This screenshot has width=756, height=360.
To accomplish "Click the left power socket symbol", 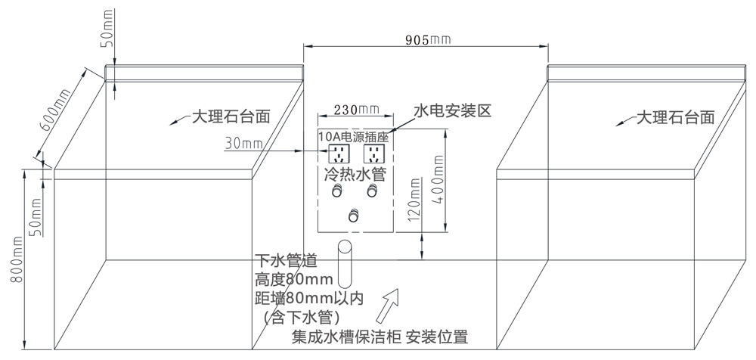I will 338,155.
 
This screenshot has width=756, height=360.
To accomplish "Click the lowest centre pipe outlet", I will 354,217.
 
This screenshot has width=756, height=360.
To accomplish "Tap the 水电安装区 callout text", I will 452,110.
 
